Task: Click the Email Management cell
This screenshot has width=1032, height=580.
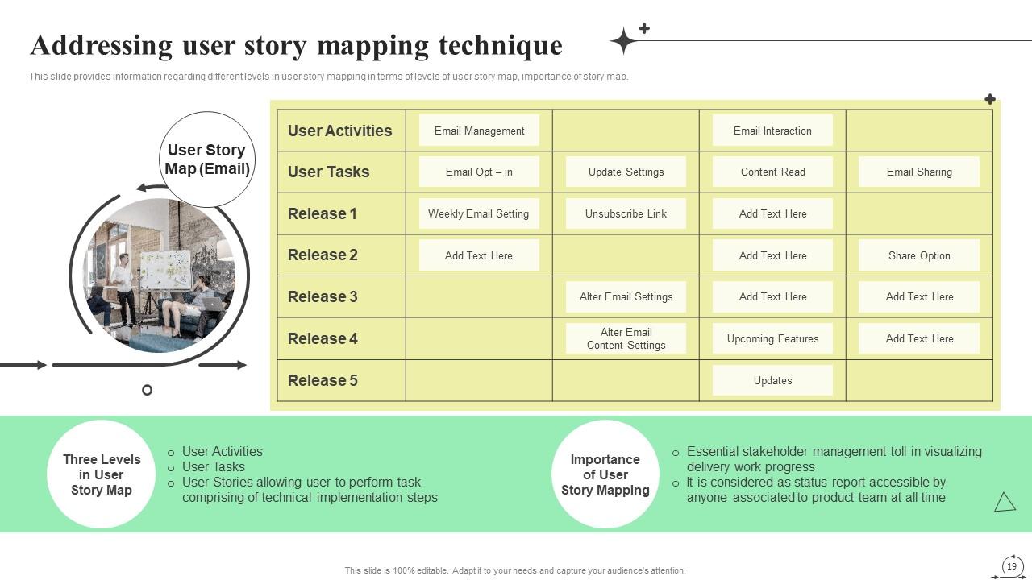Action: (x=479, y=130)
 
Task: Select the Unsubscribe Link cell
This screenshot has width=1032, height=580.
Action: (x=626, y=213)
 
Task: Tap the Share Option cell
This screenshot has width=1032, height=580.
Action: (x=919, y=255)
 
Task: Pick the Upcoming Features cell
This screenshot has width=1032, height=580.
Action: (x=772, y=338)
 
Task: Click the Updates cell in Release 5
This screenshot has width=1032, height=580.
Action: (x=772, y=380)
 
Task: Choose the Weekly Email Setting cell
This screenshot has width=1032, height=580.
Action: (x=478, y=213)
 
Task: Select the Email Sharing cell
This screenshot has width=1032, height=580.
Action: (x=919, y=172)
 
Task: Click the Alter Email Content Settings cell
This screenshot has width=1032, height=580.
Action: (x=626, y=338)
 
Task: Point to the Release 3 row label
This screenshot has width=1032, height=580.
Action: (x=322, y=296)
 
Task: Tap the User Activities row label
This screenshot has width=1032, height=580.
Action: (x=339, y=130)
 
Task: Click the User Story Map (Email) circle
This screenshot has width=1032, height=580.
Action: (x=207, y=159)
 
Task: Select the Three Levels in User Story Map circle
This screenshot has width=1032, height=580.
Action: (x=102, y=474)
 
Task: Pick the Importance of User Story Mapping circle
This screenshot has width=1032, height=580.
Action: (x=605, y=474)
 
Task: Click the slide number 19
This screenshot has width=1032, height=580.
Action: (x=1012, y=566)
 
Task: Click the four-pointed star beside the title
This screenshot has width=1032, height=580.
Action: (x=623, y=40)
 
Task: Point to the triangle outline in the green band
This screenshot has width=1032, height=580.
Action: (x=1005, y=503)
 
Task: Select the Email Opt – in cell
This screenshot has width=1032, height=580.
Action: (x=479, y=172)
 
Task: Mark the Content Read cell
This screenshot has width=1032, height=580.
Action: (x=772, y=172)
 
